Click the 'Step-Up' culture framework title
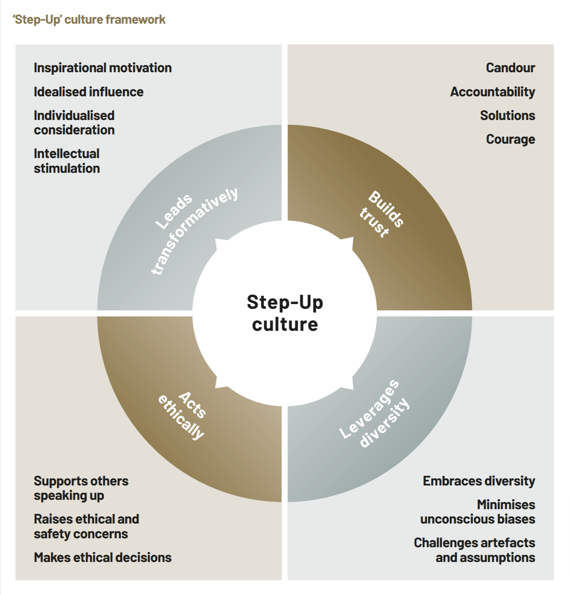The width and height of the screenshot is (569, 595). tap(89, 19)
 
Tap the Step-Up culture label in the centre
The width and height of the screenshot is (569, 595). tap(285, 313)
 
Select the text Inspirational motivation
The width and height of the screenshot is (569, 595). tap(103, 68)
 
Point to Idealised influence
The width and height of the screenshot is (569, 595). tap(89, 92)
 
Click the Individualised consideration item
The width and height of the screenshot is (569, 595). tap(74, 123)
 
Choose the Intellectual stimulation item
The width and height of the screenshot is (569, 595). tap(67, 161)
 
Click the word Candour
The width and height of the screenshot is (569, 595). tap(510, 68)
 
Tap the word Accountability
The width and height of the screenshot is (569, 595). tap(492, 92)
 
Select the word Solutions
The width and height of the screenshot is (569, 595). tap(507, 116)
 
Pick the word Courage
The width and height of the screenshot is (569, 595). tap(510, 139)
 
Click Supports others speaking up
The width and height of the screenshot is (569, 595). tap(81, 488)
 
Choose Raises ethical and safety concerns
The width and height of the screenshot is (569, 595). tap(86, 526)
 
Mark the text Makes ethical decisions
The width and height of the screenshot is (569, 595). tap(103, 558)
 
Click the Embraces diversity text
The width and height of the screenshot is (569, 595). tap(479, 481)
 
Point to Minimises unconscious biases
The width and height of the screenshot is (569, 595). tap(478, 512)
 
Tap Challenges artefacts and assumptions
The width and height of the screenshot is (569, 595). tap(474, 550)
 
